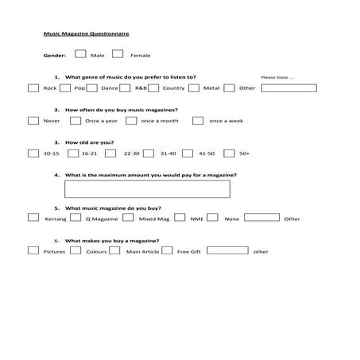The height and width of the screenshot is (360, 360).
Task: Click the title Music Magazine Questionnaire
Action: pos(87,36)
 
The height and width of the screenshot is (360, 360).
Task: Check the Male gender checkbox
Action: pos(80,55)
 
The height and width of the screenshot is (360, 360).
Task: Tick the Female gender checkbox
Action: pos(118,55)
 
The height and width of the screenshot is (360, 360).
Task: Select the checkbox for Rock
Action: pos(33,87)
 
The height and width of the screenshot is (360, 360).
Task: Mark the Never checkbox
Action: pos(33,121)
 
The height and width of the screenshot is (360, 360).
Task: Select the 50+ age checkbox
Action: pos(230,153)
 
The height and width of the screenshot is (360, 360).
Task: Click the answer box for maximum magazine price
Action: pos(148,188)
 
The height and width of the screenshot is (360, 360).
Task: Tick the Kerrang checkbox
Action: pos(33,217)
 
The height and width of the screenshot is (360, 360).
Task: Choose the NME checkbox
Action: pos(180,217)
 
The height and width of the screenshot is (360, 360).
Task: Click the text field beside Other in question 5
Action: pos(261,217)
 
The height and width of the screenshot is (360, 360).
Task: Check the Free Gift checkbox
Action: pos(168,250)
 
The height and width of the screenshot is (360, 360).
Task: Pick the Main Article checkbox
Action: pos(114,250)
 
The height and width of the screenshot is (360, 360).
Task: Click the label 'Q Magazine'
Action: pos(103,219)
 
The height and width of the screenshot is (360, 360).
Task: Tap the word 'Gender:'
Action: pos(55,56)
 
